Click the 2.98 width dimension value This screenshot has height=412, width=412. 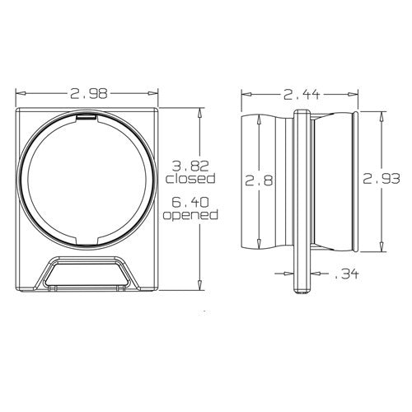pos(87,95)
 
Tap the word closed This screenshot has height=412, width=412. pos(190,177)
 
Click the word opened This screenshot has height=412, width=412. pos(190,215)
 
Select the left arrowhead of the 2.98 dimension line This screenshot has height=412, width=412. pos(20,95)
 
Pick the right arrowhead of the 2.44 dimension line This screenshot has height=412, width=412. pos(355,95)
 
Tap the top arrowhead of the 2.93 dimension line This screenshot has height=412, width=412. pos(381,114)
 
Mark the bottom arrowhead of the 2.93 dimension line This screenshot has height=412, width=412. pos(381,248)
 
